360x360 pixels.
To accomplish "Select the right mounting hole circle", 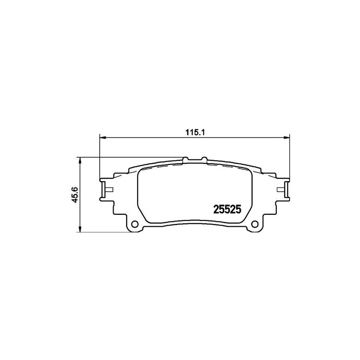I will tap(254, 224).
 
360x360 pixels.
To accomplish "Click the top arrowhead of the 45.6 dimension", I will tap(80, 160).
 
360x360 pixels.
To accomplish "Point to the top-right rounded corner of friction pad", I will tap(248, 171).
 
